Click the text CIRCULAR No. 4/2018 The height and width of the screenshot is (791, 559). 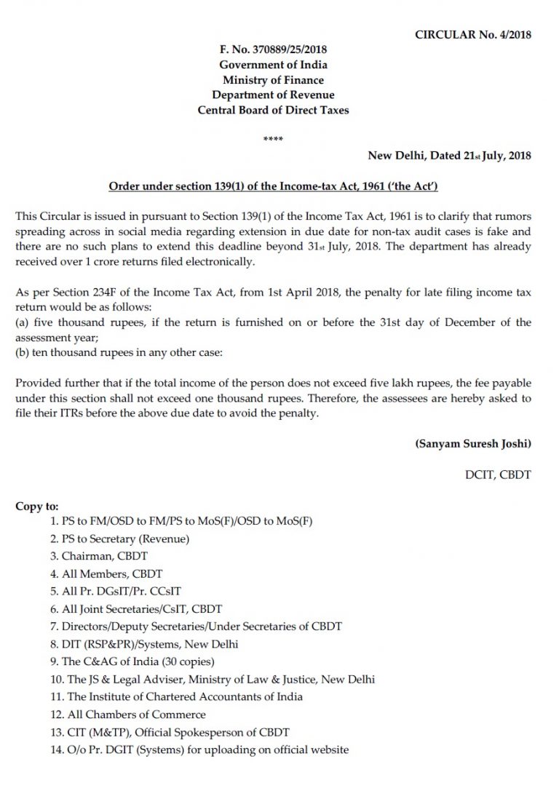(x=472, y=34)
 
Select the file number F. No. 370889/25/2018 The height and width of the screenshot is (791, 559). (x=273, y=49)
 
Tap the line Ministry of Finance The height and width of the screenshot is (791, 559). (x=273, y=80)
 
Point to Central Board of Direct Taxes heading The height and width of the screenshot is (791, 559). (x=273, y=111)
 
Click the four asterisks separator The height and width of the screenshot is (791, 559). (x=273, y=139)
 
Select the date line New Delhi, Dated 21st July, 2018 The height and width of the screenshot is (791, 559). (x=449, y=155)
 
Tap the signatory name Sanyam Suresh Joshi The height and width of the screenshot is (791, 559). (x=472, y=443)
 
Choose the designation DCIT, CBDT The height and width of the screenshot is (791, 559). (x=499, y=474)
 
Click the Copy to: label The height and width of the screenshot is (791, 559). (x=37, y=506)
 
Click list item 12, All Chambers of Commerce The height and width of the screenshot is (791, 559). (x=128, y=714)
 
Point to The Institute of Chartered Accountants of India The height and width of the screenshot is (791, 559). (x=177, y=696)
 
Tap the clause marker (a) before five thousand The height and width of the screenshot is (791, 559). (x=22, y=322)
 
